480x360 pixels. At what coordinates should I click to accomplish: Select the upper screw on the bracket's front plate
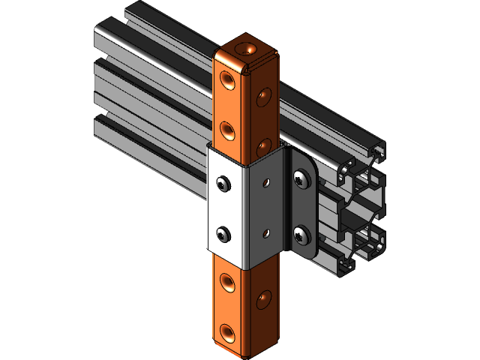pyautogui.click(x=222, y=183)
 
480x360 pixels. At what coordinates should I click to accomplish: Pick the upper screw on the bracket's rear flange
pyautogui.click(x=301, y=178)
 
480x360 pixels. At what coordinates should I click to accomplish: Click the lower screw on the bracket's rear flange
pyautogui.click(x=301, y=234)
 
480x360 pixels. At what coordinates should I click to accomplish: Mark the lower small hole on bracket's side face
pyautogui.click(x=264, y=234)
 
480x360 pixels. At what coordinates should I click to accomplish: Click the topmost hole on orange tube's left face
pyautogui.click(x=228, y=79)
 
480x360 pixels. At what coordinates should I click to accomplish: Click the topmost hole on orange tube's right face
pyautogui.click(x=264, y=96)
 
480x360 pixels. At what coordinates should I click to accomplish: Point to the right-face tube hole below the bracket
pyautogui.click(x=263, y=300)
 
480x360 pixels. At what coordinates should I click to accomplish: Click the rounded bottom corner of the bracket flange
pyautogui.click(x=307, y=253)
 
